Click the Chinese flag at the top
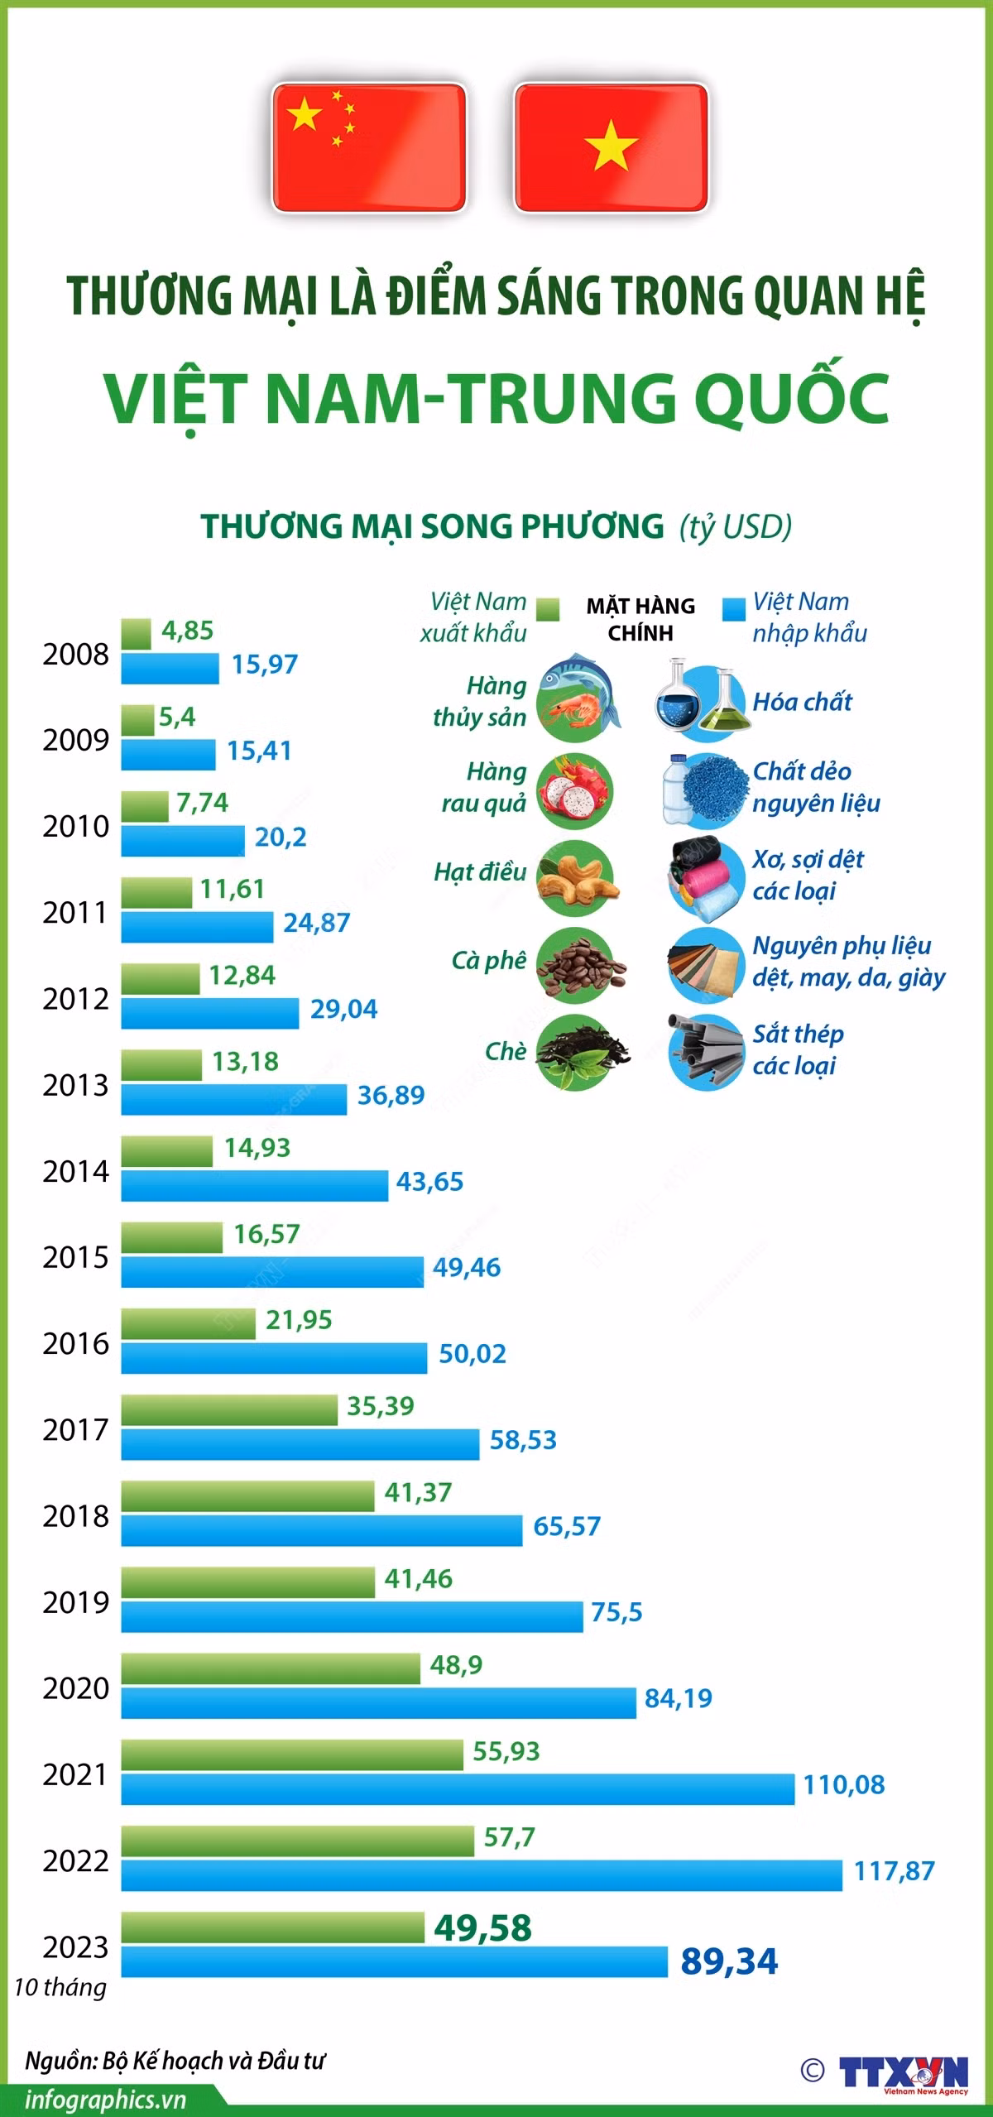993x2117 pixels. (369, 147)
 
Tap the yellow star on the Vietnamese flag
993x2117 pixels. (611, 146)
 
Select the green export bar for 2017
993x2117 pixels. (229, 1409)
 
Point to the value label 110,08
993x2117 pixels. (844, 1783)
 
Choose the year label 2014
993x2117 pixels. (75, 1170)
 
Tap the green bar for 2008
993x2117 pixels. (137, 634)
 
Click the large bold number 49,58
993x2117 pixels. (483, 1927)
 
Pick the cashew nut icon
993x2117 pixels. (576, 878)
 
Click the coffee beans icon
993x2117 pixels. (579, 966)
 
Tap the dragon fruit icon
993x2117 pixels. (575, 790)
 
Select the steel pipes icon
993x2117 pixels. (704, 1051)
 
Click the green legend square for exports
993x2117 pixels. (547, 609)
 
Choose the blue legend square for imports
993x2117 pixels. (733, 609)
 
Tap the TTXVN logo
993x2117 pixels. (904, 2071)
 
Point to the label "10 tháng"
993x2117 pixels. (60, 1986)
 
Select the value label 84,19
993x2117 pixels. (678, 1697)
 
